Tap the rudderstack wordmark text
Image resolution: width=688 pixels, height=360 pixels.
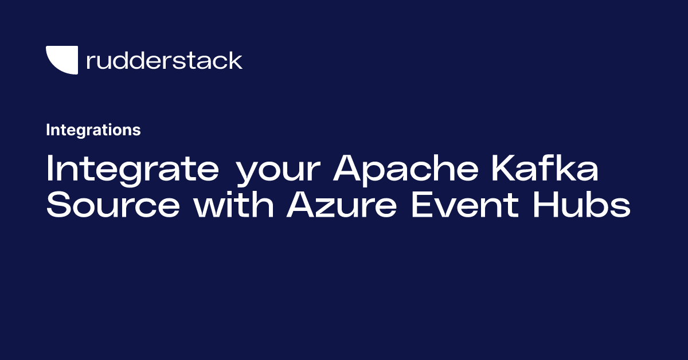[x=165, y=60]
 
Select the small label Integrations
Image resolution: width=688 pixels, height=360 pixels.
[x=93, y=130]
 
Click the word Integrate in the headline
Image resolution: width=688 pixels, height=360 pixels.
[x=132, y=170]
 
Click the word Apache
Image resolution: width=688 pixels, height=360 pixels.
[x=406, y=170]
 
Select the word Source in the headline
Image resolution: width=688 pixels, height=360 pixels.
[x=113, y=204]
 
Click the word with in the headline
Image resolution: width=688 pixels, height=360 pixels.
[x=234, y=204]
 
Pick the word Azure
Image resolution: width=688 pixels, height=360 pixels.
[x=342, y=204]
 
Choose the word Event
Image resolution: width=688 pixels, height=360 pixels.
[x=465, y=204]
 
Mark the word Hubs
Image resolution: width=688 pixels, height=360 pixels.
[x=582, y=204]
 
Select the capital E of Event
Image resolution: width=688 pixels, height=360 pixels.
[x=423, y=204]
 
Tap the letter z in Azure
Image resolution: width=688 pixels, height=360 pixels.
[x=329, y=208]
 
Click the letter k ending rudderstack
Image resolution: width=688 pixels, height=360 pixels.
[x=234, y=60]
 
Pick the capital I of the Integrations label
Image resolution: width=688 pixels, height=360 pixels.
[x=48, y=130]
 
